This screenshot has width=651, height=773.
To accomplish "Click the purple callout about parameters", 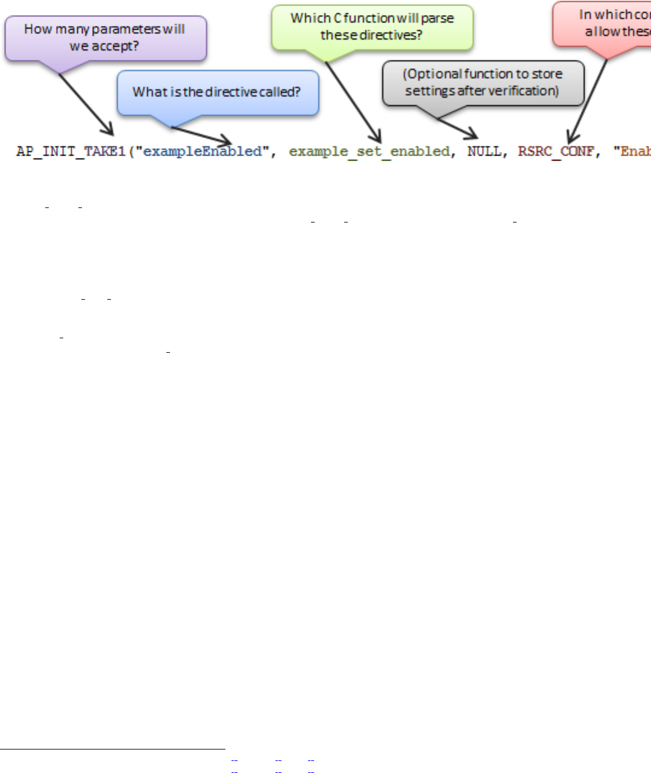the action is [x=105, y=38].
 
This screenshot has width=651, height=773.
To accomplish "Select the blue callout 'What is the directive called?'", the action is [x=217, y=92].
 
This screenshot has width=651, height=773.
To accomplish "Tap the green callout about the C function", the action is [x=372, y=27].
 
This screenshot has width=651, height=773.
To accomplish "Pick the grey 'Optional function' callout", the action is [x=483, y=83].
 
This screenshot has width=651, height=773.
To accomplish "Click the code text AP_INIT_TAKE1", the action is [x=71, y=151].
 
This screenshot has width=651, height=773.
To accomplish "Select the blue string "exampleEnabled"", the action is [x=203, y=151].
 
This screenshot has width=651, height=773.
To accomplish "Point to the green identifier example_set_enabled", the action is [x=370, y=151].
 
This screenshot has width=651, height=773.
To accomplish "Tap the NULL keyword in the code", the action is [x=484, y=151].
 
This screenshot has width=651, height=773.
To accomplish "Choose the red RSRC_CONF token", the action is [x=556, y=151].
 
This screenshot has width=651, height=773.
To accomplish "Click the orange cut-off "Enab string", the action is [x=632, y=151].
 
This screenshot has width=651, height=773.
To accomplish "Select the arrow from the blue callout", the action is [x=202, y=134].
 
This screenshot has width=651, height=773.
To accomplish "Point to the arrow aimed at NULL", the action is [x=458, y=128].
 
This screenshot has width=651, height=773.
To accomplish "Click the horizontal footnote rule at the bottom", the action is [x=112, y=749].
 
